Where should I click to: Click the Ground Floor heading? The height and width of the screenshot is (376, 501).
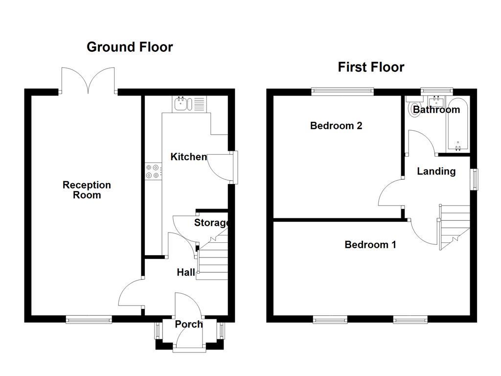click(x=130, y=47)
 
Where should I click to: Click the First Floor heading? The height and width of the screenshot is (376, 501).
click(x=371, y=67)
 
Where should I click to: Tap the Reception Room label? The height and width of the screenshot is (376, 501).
click(x=87, y=190)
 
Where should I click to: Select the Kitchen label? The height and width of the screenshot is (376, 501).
click(x=188, y=157)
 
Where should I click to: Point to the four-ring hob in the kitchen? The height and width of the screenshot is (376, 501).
click(x=153, y=171)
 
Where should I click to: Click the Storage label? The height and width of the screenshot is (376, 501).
click(x=211, y=223)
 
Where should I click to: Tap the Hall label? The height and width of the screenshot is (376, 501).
click(x=186, y=272)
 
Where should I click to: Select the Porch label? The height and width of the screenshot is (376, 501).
click(x=188, y=324)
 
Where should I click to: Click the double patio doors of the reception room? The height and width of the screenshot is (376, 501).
click(x=88, y=81)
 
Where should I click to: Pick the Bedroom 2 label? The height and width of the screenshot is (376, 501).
click(x=336, y=126)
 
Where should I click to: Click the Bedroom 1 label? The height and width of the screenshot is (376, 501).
click(x=370, y=245)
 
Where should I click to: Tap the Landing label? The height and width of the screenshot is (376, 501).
click(x=436, y=171)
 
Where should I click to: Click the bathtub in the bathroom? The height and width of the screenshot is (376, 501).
click(x=458, y=125)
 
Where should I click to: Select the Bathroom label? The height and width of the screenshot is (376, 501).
click(x=436, y=110)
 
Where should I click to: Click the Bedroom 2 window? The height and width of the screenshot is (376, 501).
click(x=342, y=92)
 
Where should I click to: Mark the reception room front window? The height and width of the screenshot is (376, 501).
click(x=89, y=319)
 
